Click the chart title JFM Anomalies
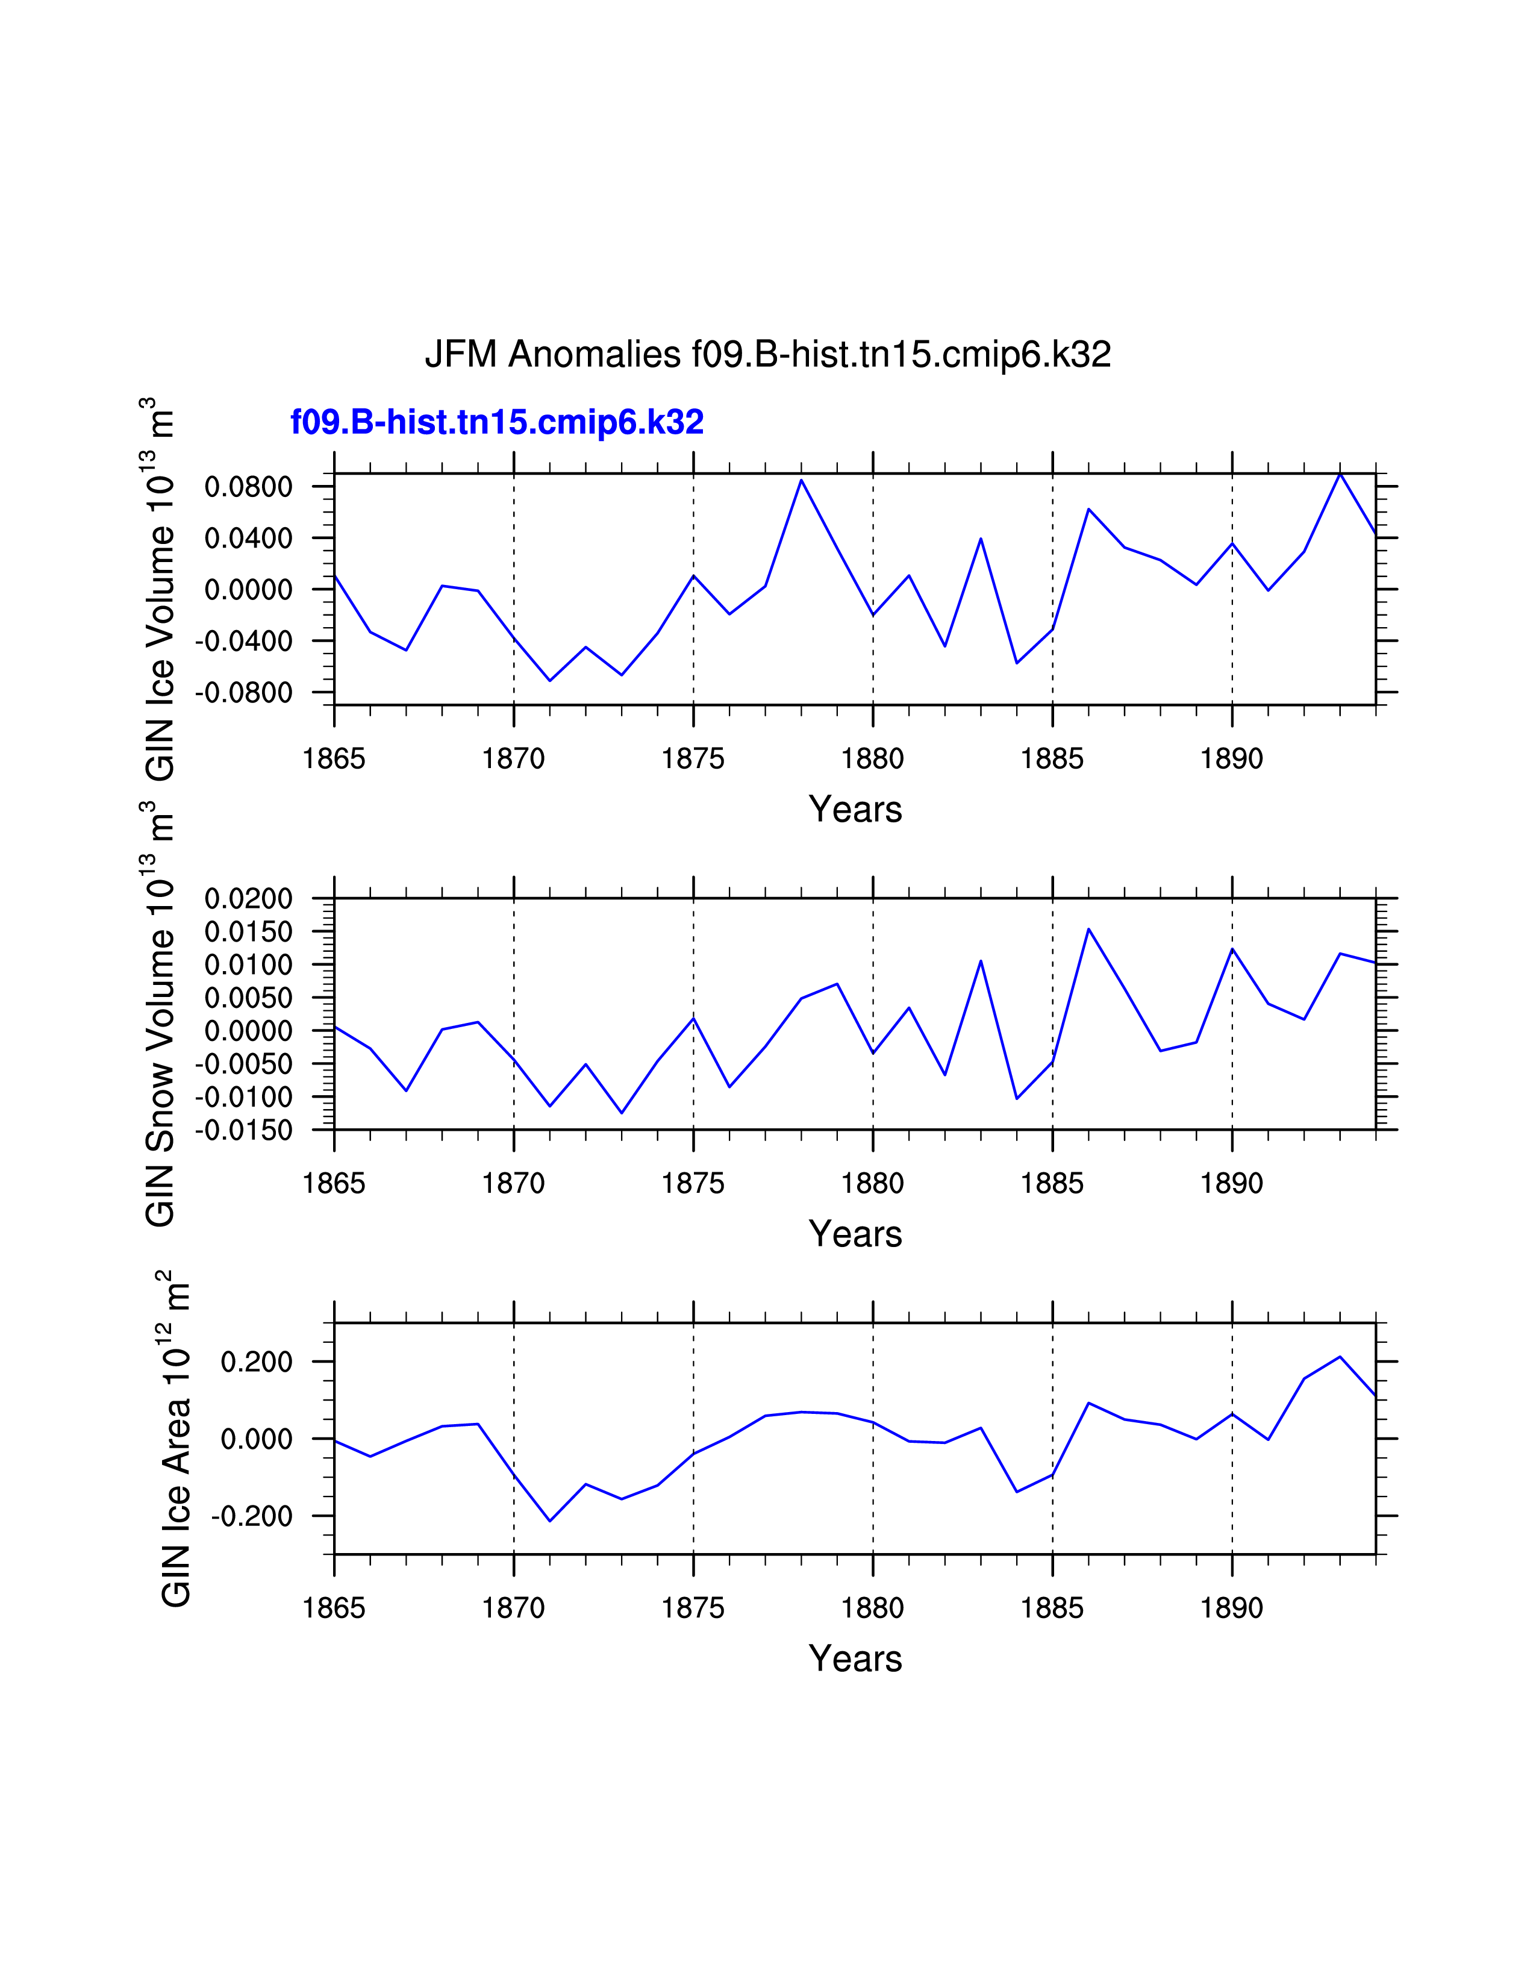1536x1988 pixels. coord(767,354)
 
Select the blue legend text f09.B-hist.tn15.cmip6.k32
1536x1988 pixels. coord(497,422)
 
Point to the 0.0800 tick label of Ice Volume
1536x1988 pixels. coord(248,487)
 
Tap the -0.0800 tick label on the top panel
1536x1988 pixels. coord(244,693)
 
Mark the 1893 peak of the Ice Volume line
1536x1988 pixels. coord(1340,474)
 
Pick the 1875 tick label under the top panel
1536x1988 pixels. coord(693,758)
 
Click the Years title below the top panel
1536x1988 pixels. coord(855,809)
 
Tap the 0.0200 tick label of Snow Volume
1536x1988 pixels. coord(248,899)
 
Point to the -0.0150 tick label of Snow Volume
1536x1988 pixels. coord(244,1131)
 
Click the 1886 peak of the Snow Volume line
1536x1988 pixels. coord(1088,930)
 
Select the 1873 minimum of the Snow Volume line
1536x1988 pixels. coord(622,1112)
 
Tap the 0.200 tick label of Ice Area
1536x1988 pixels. coord(257,1361)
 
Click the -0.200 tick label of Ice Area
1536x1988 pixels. coord(252,1516)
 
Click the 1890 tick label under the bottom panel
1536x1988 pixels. coord(1231,1608)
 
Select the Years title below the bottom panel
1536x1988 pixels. coord(855,1658)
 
